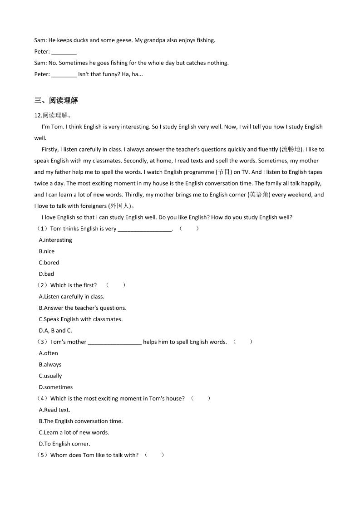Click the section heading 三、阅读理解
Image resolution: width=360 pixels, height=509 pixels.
(56, 101)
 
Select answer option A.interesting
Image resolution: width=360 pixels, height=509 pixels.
(55, 240)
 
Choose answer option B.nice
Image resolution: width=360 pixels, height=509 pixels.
(47, 251)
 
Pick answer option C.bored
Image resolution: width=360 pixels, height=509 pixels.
(49, 263)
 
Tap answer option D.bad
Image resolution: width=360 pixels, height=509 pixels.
(46, 274)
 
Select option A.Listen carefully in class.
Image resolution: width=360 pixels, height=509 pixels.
(72, 297)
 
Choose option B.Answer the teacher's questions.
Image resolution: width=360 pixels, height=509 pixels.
(83, 308)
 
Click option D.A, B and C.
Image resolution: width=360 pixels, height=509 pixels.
(55, 331)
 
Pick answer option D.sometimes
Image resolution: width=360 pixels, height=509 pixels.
(56, 387)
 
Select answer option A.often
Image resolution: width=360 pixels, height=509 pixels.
(49, 353)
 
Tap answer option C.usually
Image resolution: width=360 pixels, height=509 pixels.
(50, 376)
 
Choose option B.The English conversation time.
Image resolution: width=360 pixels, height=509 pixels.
(81, 421)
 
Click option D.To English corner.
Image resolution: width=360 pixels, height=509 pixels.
(64, 444)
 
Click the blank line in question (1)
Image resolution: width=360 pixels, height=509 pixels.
(144, 229)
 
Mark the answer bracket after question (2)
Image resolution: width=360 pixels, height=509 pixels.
(115, 285)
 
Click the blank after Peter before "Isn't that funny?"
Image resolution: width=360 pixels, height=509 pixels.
(64, 74)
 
